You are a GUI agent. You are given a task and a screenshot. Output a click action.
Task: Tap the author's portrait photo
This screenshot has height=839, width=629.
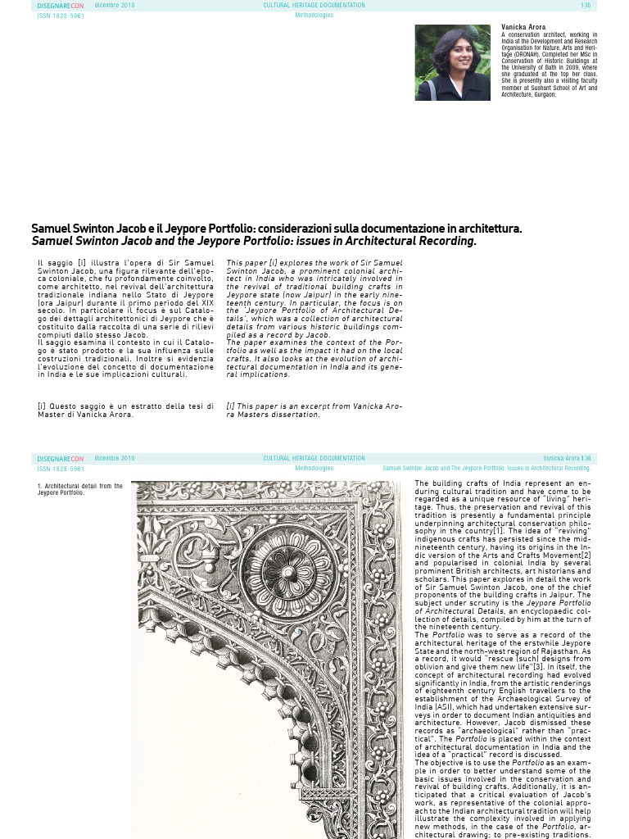point(452,62)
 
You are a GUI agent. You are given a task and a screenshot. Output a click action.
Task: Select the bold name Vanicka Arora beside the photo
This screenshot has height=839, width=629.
point(523,28)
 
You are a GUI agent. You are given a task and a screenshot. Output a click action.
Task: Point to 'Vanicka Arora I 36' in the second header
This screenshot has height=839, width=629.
point(567,459)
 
